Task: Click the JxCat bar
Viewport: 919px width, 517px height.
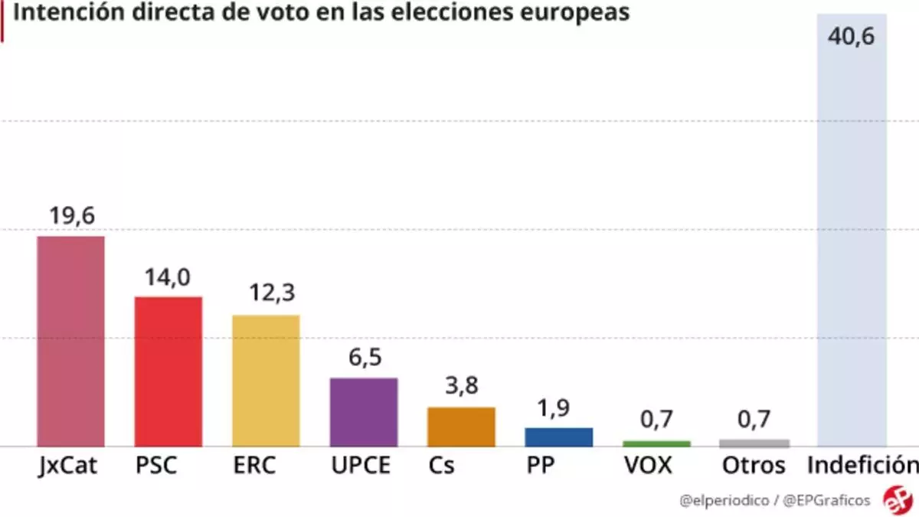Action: coord(71,341)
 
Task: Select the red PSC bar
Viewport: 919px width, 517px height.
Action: coord(168,371)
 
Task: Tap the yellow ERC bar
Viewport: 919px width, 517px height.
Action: coord(266,381)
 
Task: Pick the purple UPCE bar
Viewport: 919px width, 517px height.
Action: coord(364,412)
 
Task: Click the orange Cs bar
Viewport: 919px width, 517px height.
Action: coord(461,427)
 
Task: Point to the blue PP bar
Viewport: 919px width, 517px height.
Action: coord(558,437)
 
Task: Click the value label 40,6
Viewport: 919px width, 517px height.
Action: coord(851,36)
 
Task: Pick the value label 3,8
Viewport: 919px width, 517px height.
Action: coord(462,386)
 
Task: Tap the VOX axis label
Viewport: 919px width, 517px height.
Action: coord(649,465)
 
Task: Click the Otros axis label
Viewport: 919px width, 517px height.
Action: coord(754,465)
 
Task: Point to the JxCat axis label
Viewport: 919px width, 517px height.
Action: coord(67,466)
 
